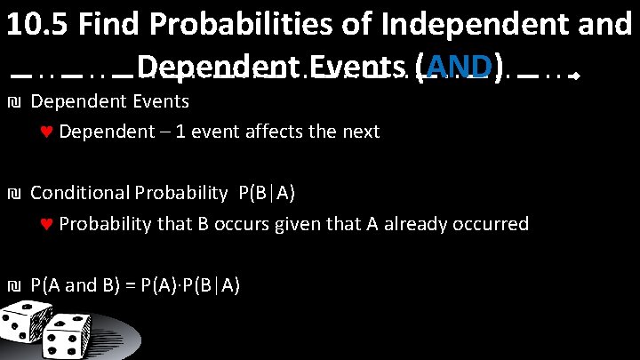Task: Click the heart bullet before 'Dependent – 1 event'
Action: coord(47,132)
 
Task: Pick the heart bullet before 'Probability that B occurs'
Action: coord(47,224)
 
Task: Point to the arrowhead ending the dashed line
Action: coord(575,77)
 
